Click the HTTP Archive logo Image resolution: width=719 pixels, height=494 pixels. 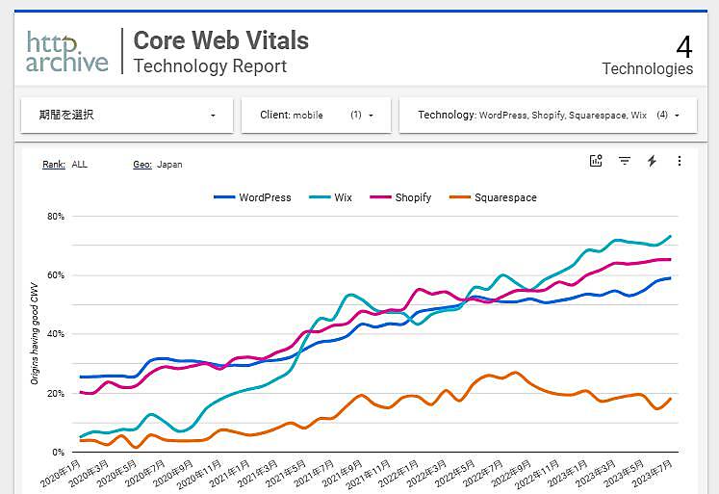66,52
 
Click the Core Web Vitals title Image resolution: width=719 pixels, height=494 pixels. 220,40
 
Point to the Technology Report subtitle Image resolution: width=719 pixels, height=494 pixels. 210,66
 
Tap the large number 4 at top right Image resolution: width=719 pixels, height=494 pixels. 684,46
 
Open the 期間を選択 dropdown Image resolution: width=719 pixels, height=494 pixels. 126,115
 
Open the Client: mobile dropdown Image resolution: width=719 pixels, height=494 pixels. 316,115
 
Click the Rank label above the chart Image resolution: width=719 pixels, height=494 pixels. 53,165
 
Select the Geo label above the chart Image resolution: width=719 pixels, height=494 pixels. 141,165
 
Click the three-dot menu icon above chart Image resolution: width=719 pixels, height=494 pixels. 680,161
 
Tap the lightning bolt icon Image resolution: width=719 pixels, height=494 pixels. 652,161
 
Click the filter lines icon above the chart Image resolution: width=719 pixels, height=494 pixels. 624,161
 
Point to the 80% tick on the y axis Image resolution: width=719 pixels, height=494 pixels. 55,217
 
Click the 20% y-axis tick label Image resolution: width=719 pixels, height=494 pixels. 55,393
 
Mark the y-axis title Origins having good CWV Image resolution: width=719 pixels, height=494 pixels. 35,334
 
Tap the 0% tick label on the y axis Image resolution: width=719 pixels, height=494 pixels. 58,452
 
